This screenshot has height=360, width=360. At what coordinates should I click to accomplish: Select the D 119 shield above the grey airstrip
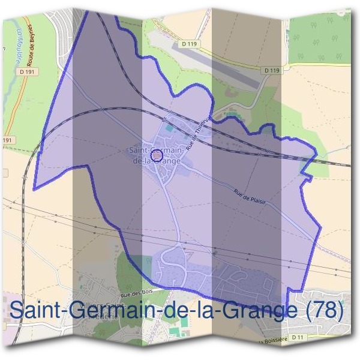click(x=184, y=44)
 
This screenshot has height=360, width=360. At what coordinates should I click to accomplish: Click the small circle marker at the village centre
click(x=157, y=156)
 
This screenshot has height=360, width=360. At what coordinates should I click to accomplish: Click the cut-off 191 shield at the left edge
click(x=6, y=140)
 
